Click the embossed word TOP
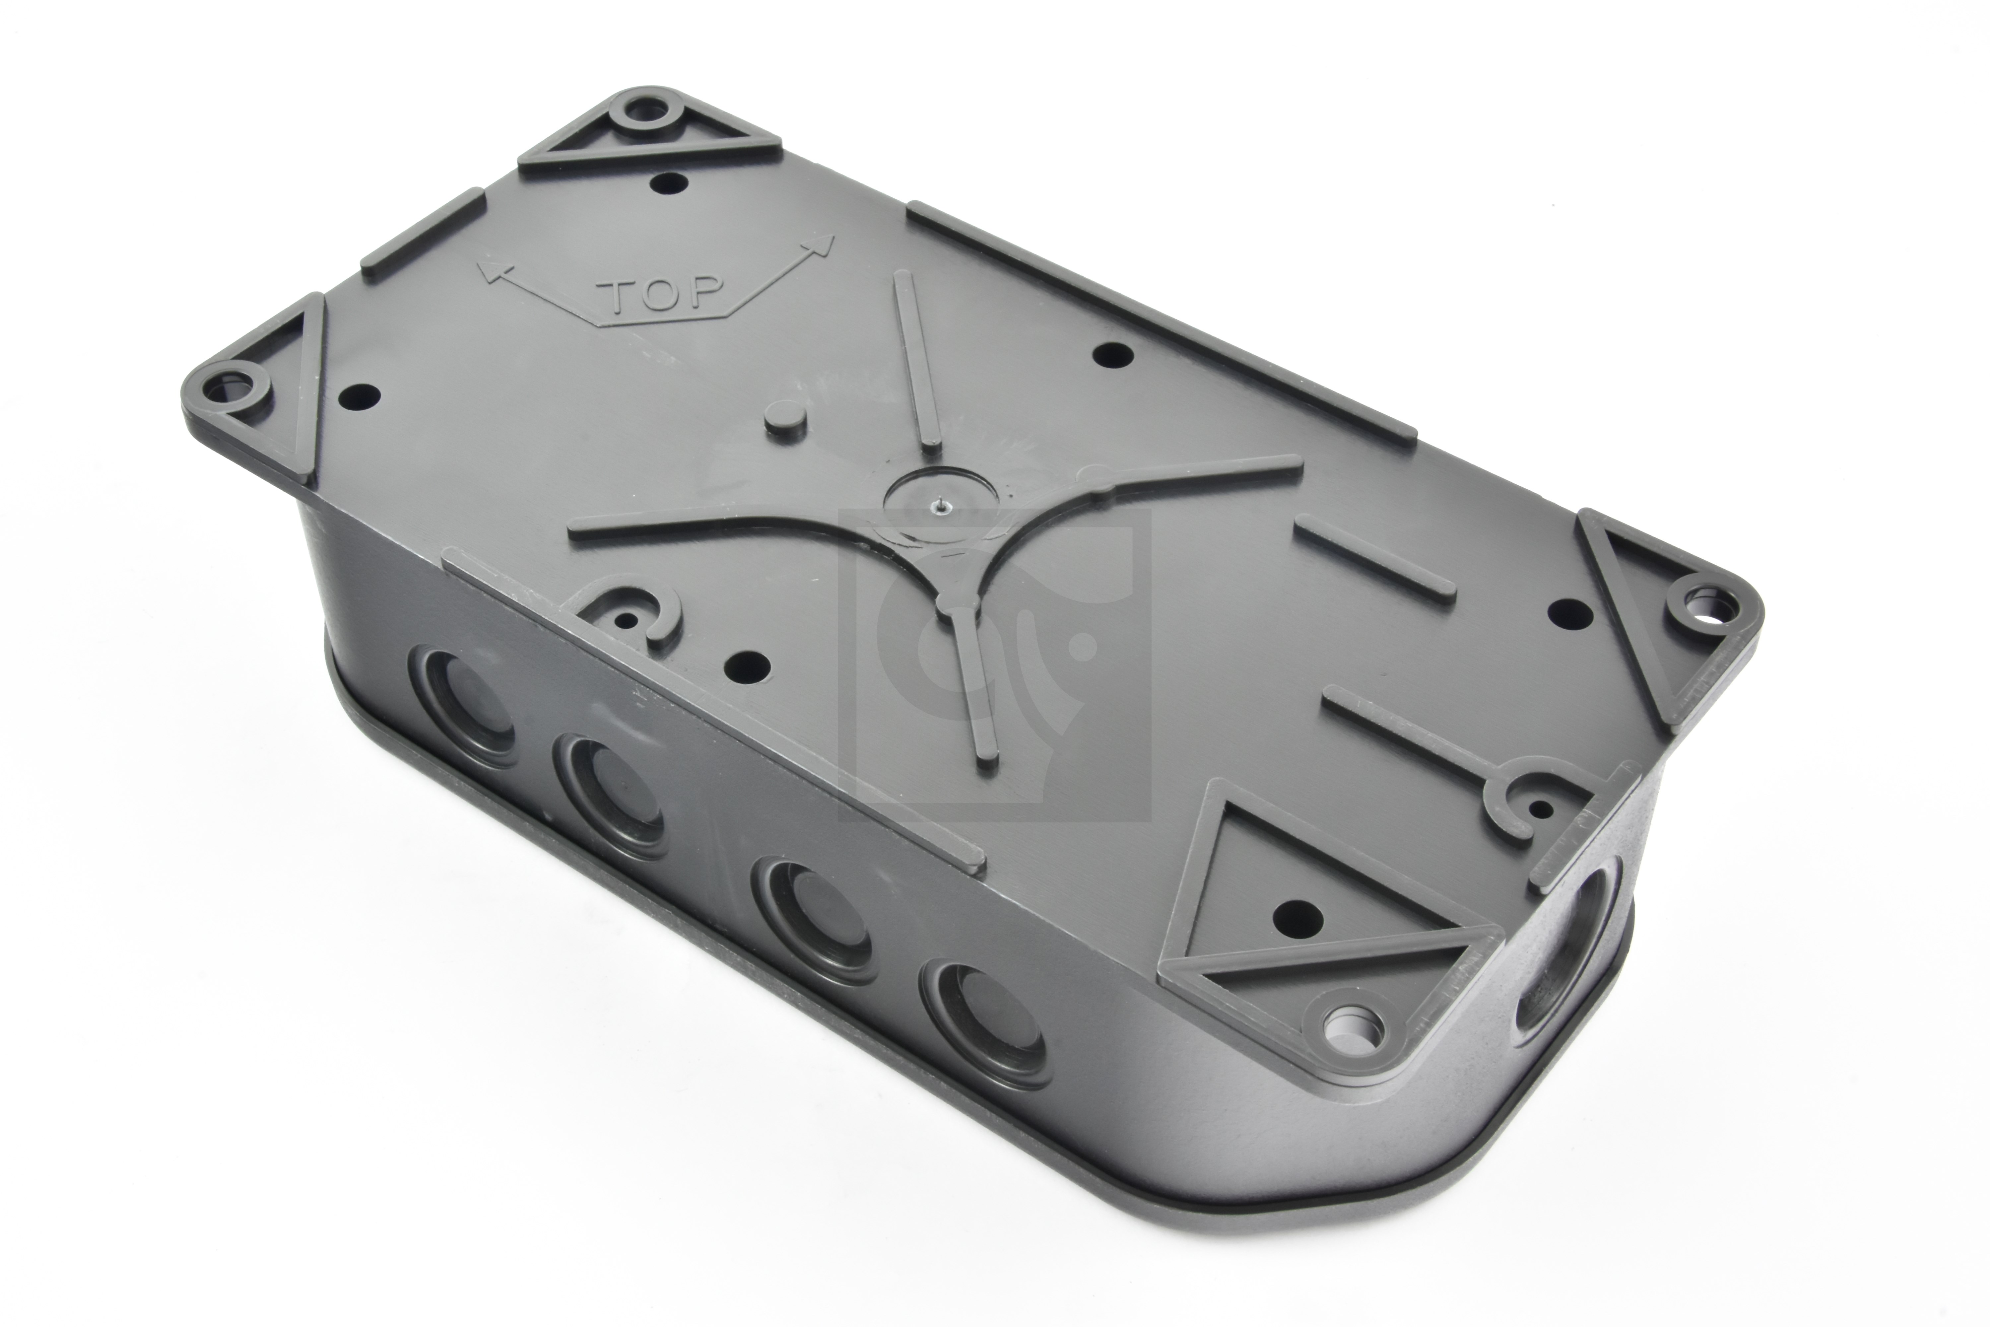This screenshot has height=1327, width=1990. [x=661, y=295]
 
